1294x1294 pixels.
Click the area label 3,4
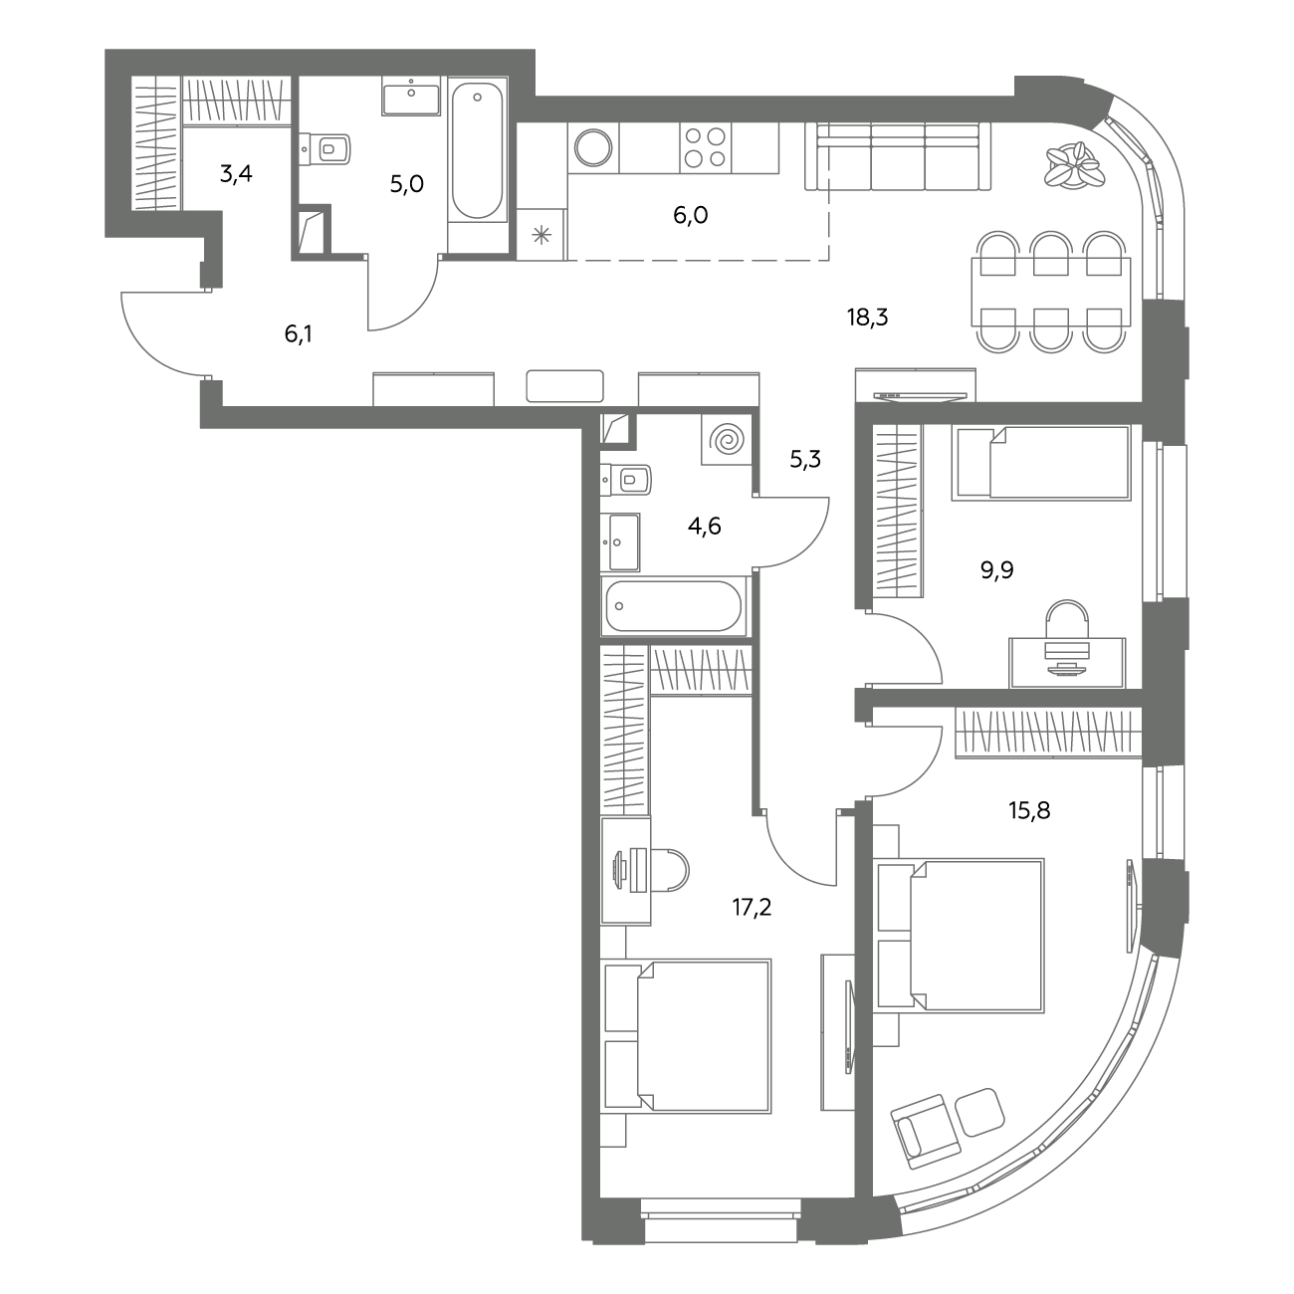[x=236, y=174]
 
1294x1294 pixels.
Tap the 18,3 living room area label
[x=868, y=317]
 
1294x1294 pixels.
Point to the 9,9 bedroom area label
[x=997, y=570]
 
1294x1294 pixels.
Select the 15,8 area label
[x=1029, y=810]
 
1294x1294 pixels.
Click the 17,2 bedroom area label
[x=752, y=908]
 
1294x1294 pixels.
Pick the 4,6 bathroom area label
[x=705, y=527]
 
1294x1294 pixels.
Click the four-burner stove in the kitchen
[x=705, y=147]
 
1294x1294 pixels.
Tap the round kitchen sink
[x=593, y=147]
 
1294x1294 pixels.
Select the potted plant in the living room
[x=1074, y=164]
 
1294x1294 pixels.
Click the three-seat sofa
[x=898, y=156]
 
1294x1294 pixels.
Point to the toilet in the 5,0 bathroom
[x=325, y=148]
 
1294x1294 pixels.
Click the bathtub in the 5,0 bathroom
[x=477, y=151]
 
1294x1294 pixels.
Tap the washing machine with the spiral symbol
[x=727, y=440]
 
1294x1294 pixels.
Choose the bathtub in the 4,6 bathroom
[x=674, y=606]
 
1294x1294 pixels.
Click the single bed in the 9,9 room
[x=1041, y=463]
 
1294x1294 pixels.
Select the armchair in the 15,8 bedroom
[x=926, y=1133]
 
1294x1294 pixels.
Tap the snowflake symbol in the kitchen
[x=541, y=236]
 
